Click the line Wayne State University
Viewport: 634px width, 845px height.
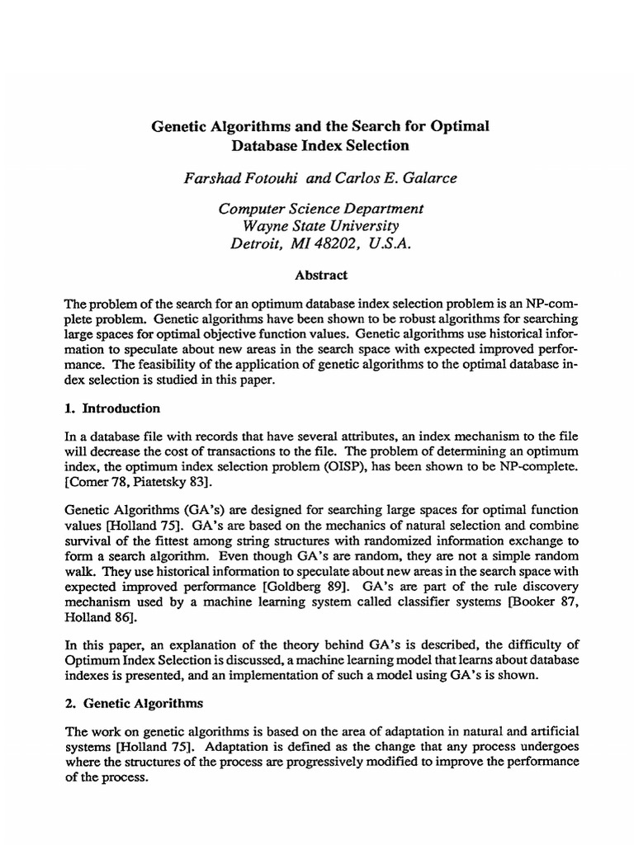click(317, 225)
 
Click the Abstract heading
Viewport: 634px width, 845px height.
click(321, 275)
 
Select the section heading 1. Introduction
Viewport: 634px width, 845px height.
click(111, 408)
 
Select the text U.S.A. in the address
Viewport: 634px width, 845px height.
click(385, 243)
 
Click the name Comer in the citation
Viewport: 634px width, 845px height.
click(88, 482)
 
